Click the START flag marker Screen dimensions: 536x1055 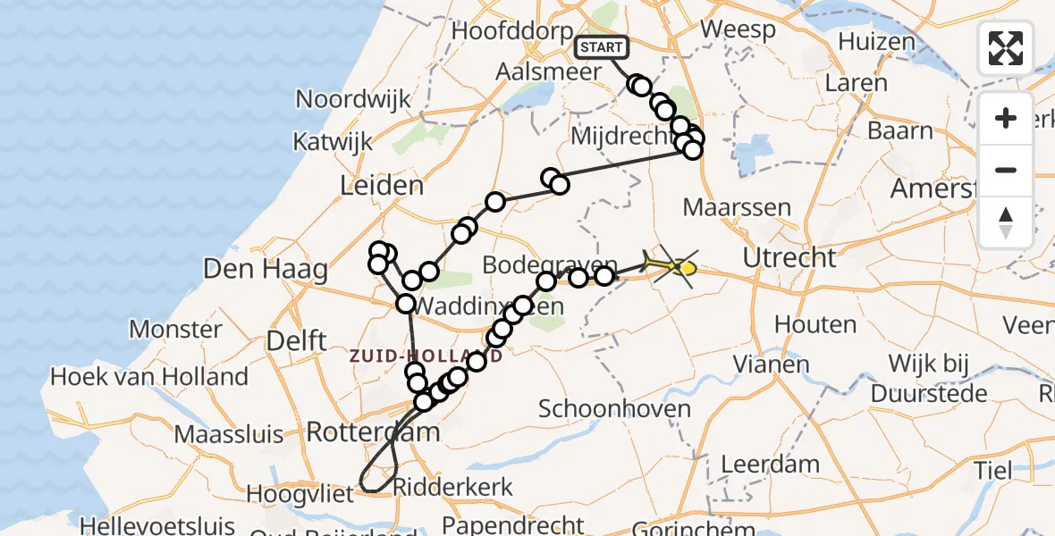point(602,47)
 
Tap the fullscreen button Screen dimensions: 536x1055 point(1006,48)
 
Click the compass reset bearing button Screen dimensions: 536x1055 point(1006,222)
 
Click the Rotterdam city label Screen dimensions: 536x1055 point(373,433)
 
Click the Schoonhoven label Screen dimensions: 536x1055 point(614,409)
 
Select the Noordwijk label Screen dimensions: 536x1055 point(352,99)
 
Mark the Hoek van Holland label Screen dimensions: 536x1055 point(149,377)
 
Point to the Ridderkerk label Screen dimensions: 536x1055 point(453,487)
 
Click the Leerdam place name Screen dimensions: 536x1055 point(757,465)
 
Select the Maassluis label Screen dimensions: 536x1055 point(229,435)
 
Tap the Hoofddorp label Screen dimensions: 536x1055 point(512,30)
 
